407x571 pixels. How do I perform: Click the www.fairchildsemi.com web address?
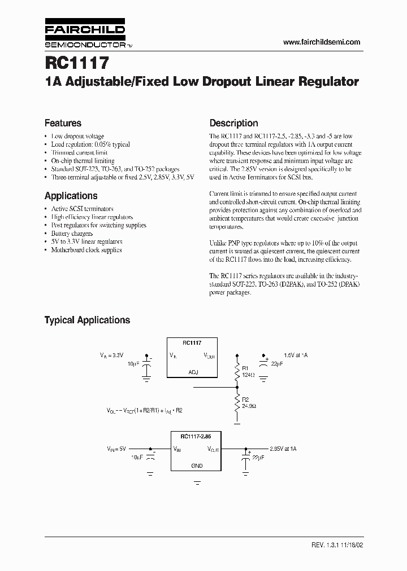[321, 42]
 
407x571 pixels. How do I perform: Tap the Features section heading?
[63, 123]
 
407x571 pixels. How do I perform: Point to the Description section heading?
[233, 123]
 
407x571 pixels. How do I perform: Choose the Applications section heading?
[71, 196]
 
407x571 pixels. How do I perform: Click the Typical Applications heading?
[87, 320]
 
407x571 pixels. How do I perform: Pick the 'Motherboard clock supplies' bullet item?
[86, 249]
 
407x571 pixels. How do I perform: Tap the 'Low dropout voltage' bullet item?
[77, 136]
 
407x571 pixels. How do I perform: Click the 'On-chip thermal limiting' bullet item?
[83, 161]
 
